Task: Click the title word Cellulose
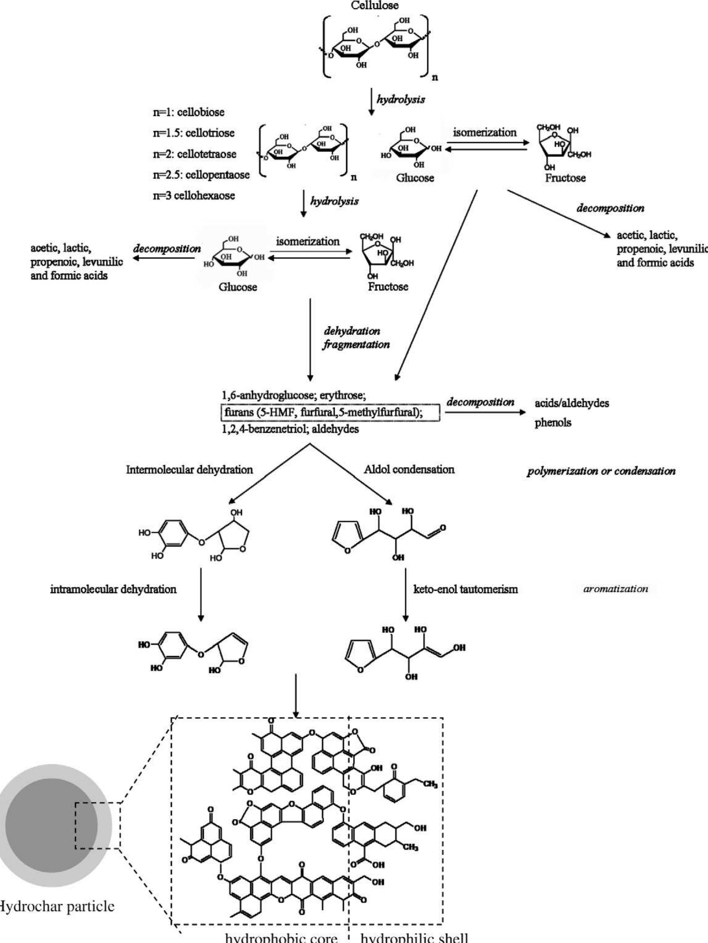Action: [x=374, y=6]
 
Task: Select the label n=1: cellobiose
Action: [x=189, y=113]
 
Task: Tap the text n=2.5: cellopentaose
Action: [x=201, y=175]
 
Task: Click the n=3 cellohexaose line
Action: [x=194, y=196]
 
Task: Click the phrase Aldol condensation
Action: [x=409, y=469]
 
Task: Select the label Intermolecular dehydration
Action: [x=189, y=470]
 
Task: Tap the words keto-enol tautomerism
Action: [x=465, y=590]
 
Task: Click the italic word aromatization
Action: [x=615, y=589]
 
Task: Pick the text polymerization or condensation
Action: [x=601, y=471]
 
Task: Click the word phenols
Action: [x=553, y=423]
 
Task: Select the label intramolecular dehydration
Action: [x=113, y=590]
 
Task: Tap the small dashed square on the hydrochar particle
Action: [x=98, y=825]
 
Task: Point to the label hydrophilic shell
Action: [x=414, y=937]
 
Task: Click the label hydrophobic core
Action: [x=282, y=937]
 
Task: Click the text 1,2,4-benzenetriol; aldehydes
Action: [x=290, y=429]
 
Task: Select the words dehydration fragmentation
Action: [x=355, y=338]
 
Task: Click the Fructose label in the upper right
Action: [x=565, y=178]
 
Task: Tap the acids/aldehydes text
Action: [x=572, y=403]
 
